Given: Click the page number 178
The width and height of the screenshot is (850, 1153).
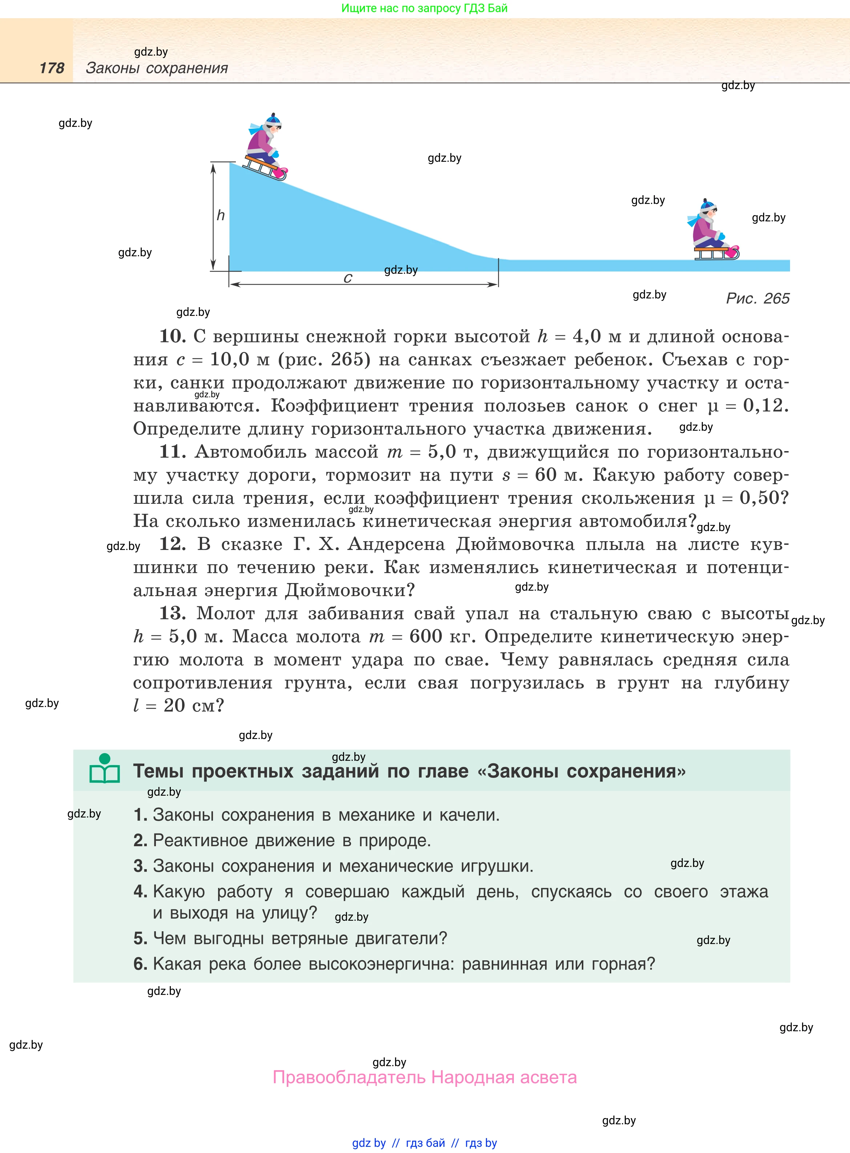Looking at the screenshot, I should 52,68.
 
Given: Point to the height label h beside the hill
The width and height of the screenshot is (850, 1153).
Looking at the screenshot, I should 221,215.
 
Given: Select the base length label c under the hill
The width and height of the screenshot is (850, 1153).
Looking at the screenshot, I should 348,278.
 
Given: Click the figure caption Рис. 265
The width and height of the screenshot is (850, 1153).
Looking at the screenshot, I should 757,298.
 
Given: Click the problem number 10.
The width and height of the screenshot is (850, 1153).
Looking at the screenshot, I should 172,337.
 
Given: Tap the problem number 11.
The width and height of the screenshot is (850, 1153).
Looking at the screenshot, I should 172,452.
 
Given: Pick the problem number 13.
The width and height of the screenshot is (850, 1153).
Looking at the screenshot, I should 172,613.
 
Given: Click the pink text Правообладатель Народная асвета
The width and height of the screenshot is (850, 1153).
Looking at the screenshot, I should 424,1077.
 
